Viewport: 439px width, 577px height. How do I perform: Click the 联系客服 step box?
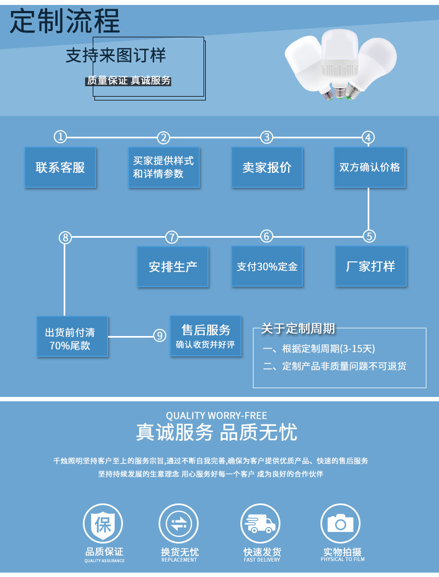click(x=60, y=167)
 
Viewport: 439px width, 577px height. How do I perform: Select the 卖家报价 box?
click(x=267, y=167)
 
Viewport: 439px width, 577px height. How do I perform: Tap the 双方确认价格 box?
click(x=370, y=167)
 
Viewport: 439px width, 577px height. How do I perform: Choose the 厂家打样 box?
click(x=370, y=266)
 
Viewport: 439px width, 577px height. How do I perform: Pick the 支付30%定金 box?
click(x=267, y=266)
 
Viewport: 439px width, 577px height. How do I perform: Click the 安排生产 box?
click(x=173, y=266)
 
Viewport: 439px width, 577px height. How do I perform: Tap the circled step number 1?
click(x=60, y=137)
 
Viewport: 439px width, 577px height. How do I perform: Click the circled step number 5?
click(x=369, y=236)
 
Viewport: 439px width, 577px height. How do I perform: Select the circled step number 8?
click(x=65, y=237)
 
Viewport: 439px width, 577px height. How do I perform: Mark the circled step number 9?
click(x=159, y=335)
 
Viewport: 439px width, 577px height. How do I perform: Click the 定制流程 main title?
click(x=65, y=22)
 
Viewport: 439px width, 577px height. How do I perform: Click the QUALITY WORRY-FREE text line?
click(x=217, y=416)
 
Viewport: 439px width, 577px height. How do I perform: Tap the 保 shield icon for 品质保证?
click(x=103, y=523)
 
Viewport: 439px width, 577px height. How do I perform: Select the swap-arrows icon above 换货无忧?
click(x=178, y=523)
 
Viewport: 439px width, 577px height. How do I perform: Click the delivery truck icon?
click(x=261, y=523)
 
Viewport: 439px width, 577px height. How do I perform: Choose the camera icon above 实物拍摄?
click(x=341, y=523)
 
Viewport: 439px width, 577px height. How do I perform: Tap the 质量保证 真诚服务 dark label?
click(x=129, y=81)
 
